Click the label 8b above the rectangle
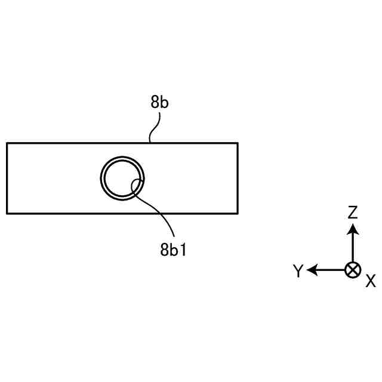(160, 102)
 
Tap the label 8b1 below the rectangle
(174, 249)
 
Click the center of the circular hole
(122, 178)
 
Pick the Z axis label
(353, 212)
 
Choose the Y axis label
(298, 272)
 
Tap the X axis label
(370, 281)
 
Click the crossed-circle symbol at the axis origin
(353, 270)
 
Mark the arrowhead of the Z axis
(353, 229)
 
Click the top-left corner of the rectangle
(7, 143)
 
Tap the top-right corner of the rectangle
(238, 143)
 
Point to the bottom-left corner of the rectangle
(7, 213)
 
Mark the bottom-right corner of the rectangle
(238, 213)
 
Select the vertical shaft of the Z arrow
(353, 248)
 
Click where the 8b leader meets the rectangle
(149, 143)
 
